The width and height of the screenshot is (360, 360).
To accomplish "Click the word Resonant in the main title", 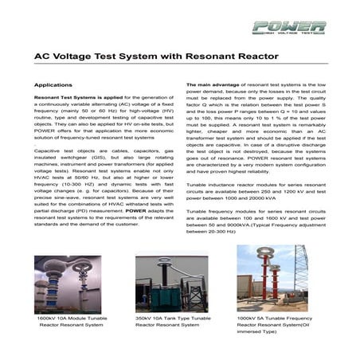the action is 206,57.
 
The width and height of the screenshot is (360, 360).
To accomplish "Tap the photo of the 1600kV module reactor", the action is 68,285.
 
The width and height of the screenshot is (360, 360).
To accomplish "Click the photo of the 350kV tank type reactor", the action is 172,285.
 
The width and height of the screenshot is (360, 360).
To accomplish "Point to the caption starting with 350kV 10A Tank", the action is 173,322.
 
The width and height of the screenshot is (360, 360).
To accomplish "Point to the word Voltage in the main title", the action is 74,57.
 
